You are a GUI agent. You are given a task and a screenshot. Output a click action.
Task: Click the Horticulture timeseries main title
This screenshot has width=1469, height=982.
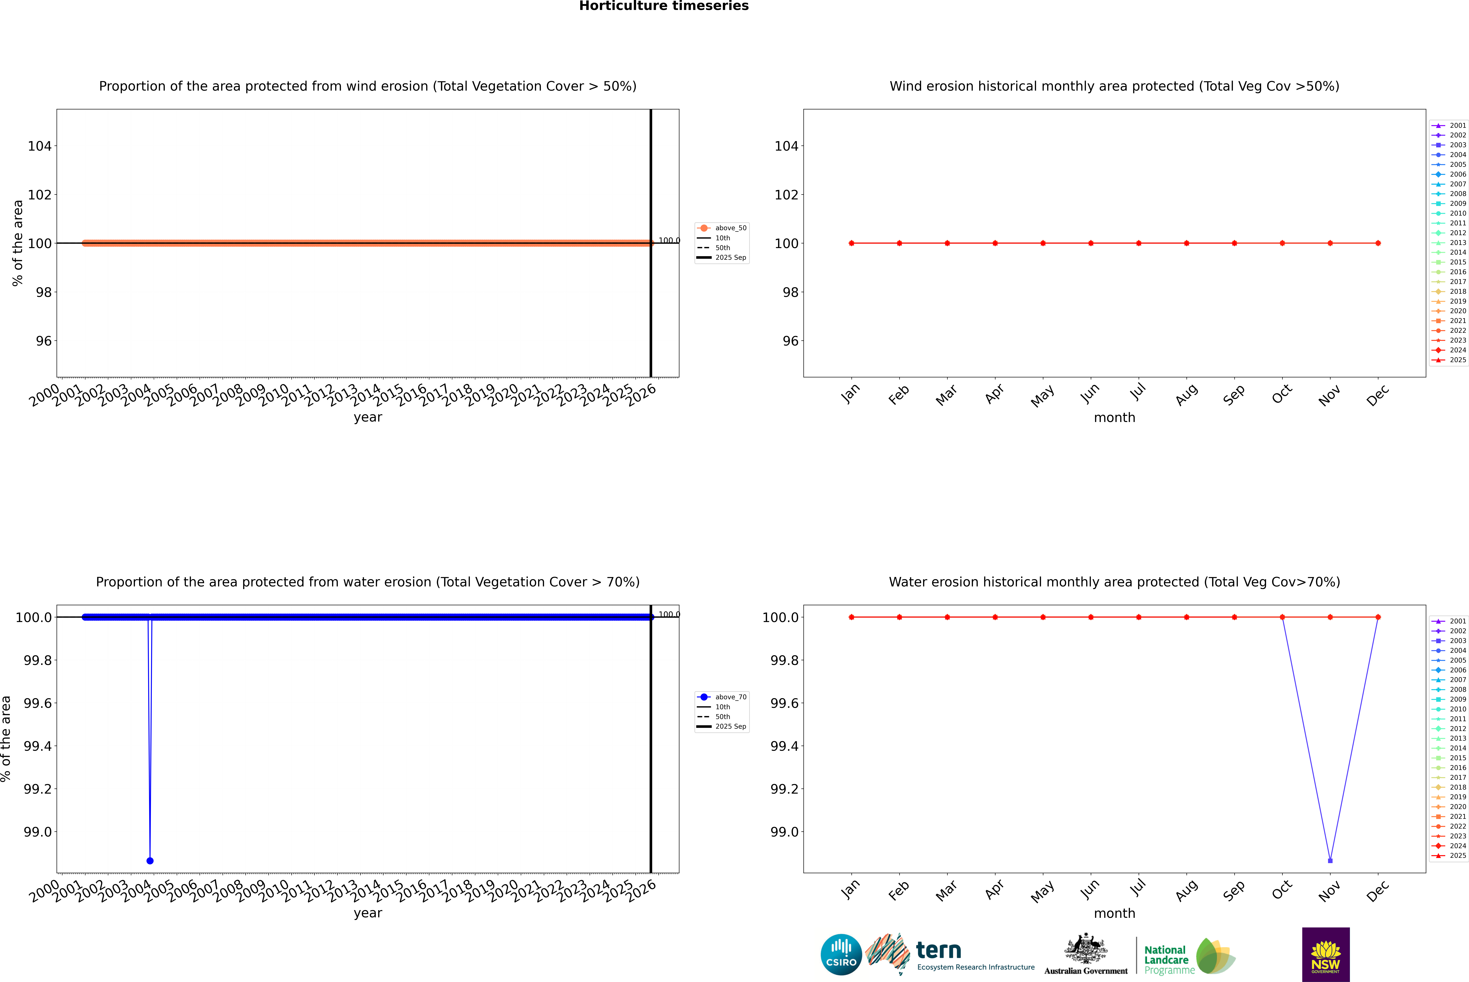click(x=664, y=6)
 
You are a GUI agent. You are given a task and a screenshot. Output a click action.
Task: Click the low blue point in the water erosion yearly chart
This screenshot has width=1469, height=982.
click(x=150, y=860)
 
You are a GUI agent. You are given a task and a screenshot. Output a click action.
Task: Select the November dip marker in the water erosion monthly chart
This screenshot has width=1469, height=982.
click(x=1330, y=860)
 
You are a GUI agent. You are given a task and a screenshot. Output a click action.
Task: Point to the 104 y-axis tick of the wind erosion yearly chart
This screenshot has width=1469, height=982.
click(x=39, y=146)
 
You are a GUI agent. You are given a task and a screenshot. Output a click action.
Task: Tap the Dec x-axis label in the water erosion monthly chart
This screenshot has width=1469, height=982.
click(x=1378, y=891)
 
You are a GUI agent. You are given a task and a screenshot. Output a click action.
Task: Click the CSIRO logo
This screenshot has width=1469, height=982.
click(x=841, y=954)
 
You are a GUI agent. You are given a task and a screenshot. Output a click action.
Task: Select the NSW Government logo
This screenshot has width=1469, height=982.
click(x=1326, y=954)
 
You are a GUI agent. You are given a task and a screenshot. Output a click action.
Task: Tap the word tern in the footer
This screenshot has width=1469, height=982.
click(x=938, y=950)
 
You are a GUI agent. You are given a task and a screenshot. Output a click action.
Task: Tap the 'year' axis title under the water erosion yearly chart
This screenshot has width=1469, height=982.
click(x=368, y=913)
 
